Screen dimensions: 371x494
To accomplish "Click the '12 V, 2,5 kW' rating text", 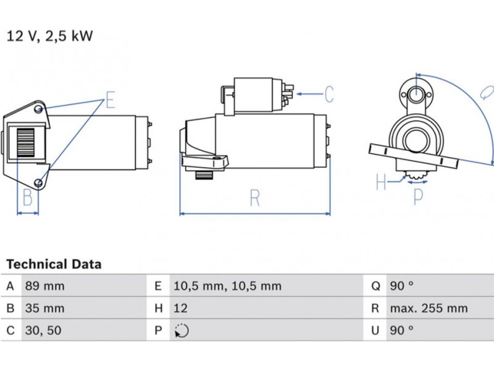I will pos(49,36).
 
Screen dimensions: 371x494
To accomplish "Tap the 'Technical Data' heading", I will pos(54,264).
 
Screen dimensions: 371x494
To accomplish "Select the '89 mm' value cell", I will pos(44,286).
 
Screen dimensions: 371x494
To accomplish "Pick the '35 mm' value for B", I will pos(44,308).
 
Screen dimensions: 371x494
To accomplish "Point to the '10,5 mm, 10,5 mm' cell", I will pos(227,286).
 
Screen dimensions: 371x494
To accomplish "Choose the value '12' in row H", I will pos(181,308).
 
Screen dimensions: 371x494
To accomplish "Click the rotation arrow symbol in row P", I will pos(181,331).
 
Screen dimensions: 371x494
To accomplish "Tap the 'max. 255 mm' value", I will pos(428,308).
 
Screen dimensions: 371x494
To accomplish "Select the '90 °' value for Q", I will pos(401,286).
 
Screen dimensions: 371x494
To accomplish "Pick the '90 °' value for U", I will pos(401,331).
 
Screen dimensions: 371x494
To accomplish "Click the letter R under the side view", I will pos(255,198).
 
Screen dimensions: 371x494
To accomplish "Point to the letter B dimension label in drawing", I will pos(27,198).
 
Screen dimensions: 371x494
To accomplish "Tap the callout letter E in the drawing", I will pos(111,100).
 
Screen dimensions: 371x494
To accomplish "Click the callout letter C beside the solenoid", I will pos(329,95).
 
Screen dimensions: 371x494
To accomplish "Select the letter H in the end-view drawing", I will pos(381,182).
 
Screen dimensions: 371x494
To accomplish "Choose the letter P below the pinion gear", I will pos(418,197).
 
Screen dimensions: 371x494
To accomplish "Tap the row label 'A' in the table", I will pos(10,286).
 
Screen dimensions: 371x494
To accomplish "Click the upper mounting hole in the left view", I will pos(40,110).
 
